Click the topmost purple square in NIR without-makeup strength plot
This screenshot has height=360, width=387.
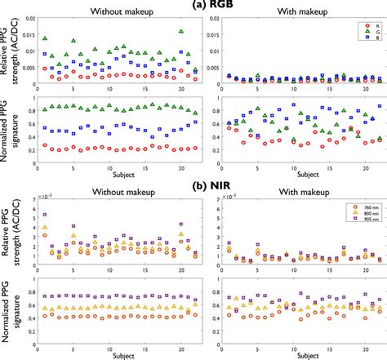(x=45, y=216)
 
